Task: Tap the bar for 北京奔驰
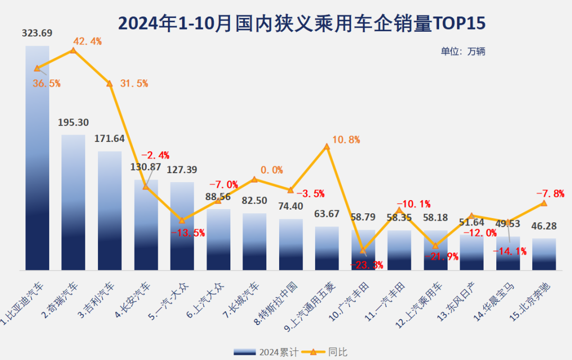coord(544,255)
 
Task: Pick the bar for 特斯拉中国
coord(291,245)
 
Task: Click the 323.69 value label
coord(37,33)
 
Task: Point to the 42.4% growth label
coord(87,41)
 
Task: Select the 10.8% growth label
coord(346,140)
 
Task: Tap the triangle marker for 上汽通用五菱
coord(327,146)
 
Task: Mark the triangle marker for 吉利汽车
coord(110,83)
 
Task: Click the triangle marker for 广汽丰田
coord(363,250)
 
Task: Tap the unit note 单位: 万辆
coord(463,51)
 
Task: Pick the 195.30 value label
coord(73,122)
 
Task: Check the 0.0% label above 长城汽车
coord(272,170)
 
